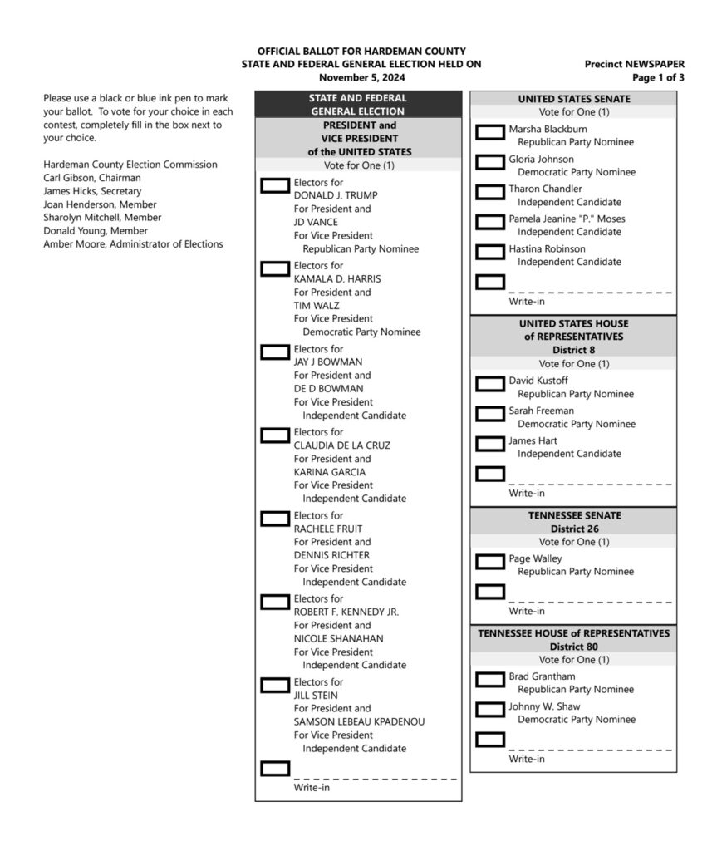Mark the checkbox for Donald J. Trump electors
(x=275, y=184)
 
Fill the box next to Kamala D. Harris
(x=275, y=268)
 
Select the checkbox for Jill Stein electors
(x=275, y=685)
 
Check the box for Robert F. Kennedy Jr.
(x=275, y=601)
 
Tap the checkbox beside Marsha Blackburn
(x=490, y=131)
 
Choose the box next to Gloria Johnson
(x=490, y=161)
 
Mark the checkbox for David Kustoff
(x=490, y=383)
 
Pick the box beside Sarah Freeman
(x=490, y=413)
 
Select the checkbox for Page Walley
(x=490, y=561)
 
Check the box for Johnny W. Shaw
(x=490, y=709)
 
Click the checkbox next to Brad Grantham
(x=490, y=679)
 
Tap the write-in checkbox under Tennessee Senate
(x=490, y=591)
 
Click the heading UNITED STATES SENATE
(x=573, y=99)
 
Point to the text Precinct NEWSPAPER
(x=634, y=64)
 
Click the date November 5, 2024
(x=361, y=77)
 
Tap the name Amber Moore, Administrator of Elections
(x=133, y=243)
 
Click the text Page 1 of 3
(x=658, y=77)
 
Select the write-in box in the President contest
(x=275, y=768)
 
